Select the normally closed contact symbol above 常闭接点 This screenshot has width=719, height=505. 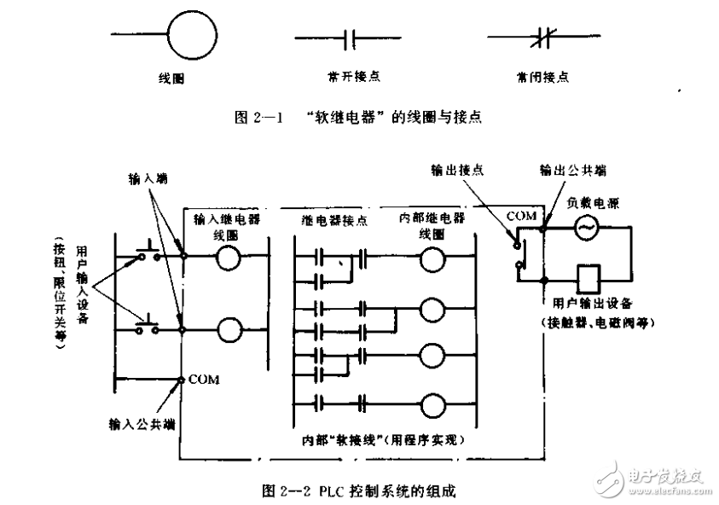coord(536,38)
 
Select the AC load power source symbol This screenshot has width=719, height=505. coord(585,228)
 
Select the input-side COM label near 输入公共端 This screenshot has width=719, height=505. coord(203,378)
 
